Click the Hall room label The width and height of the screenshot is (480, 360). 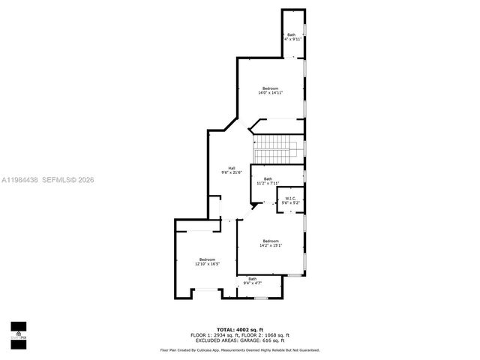point(232,168)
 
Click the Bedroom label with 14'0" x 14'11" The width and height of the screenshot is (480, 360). point(269,88)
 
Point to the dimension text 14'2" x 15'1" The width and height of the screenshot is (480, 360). point(270,245)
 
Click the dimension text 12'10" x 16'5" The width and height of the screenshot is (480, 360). point(207,264)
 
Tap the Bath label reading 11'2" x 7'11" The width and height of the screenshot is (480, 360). point(268,183)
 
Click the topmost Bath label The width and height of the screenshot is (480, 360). point(291,34)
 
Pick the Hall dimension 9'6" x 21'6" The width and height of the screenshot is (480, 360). point(232,172)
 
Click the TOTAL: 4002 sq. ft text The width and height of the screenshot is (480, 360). point(239,329)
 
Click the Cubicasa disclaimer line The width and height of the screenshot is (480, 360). point(239,349)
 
